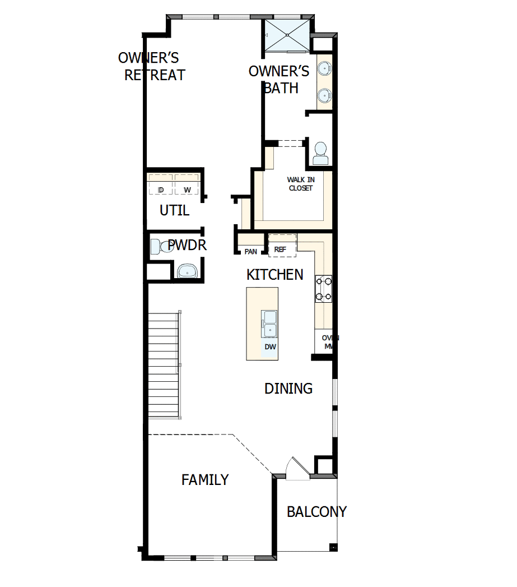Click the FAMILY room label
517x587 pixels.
[205, 480]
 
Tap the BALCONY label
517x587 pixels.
[316, 512]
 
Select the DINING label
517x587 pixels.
[288, 389]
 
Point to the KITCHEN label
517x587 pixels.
[275, 275]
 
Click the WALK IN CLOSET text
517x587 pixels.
[301, 184]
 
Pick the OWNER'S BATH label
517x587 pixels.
[279, 80]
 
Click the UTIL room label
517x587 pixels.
[174, 211]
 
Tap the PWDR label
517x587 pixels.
[188, 245]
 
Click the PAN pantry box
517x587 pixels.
[250, 251]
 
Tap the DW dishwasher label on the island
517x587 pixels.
[270, 347]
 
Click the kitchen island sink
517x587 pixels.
[269, 323]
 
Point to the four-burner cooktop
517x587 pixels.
[324, 289]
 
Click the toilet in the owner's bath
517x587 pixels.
[320, 153]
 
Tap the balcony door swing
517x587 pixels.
[296, 469]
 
